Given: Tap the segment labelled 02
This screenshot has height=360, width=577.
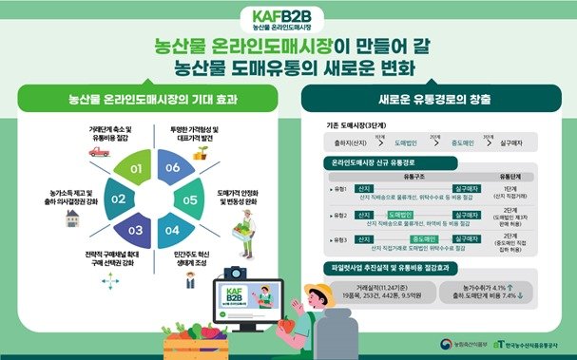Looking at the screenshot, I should [117, 199].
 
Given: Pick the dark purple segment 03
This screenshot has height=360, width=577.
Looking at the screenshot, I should [135, 231].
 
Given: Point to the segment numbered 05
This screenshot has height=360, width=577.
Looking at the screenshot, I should [190, 199].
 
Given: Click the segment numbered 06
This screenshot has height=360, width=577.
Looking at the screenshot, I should [171, 167].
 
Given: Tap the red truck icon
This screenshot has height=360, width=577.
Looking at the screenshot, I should [100, 149].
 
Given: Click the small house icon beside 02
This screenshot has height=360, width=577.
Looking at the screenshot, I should [72, 218].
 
